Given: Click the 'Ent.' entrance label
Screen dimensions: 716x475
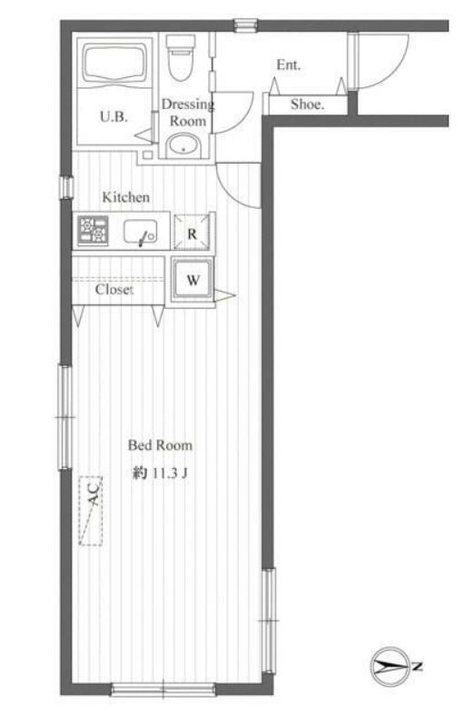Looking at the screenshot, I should (x=289, y=65).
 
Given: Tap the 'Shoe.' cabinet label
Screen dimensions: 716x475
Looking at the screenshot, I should (x=307, y=104).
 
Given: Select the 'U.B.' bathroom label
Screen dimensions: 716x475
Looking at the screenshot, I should (x=113, y=116).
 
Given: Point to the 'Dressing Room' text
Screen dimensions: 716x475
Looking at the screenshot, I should (x=188, y=112).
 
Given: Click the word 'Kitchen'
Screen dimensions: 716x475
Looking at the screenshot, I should (x=125, y=197).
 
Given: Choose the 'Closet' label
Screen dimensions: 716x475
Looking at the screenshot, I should (x=114, y=290).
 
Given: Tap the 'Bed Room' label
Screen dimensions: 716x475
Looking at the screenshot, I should (x=160, y=445).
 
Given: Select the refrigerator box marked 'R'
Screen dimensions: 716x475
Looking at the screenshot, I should (x=192, y=233).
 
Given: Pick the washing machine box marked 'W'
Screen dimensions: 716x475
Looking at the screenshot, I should (x=193, y=280).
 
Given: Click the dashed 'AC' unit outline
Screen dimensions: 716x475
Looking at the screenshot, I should (x=92, y=511).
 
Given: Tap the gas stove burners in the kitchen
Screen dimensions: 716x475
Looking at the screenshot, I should (x=93, y=231).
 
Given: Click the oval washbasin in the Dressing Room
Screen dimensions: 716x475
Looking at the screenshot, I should (x=185, y=144).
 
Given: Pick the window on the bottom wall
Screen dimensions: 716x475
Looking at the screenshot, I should (x=163, y=688).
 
